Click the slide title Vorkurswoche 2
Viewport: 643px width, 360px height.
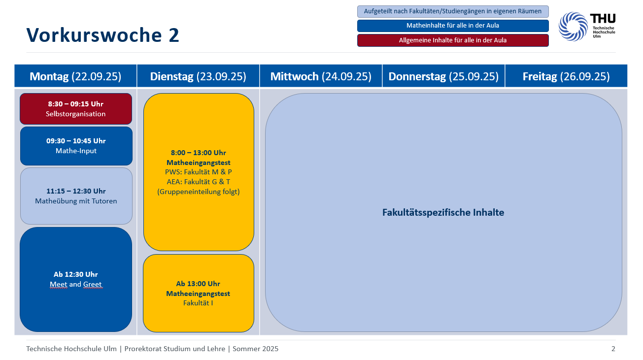pyautogui.click(x=102, y=35)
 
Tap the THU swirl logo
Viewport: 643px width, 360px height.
pyautogui.click(x=573, y=26)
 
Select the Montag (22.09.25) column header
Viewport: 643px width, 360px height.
pyautogui.click(x=75, y=76)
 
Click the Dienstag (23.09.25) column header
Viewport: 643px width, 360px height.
pyautogui.click(x=198, y=76)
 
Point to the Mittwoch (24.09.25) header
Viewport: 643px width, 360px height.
pyautogui.click(x=321, y=76)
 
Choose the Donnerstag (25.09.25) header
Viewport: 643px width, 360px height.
pyautogui.click(x=443, y=76)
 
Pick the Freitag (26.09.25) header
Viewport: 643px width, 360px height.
pyautogui.click(x=566, y=76)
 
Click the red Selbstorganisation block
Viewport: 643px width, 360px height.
pyautogui.click(x=76, y=109)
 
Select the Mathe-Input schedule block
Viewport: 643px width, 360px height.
pyautogui.click(x=76, y=146)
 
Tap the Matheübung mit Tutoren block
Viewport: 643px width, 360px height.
pyautogui.click(x=76, y=196)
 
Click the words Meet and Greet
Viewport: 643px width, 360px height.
pyautogui.click(x=76, y=284)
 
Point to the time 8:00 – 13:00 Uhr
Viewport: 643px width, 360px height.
pyautogui.click(x=199, y=153)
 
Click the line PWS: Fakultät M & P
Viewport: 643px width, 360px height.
pyautogui.click(x=199, y=172)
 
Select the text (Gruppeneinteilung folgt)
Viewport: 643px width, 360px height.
pyautogui.click(x=199, y=192)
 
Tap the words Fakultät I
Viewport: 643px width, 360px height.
pyautogui.click(x=199, y=303)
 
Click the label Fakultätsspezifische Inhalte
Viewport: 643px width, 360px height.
pyautogui.click(x=443, y=212)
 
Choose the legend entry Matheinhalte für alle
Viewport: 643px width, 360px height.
pyautogui.click(x=453, y=26)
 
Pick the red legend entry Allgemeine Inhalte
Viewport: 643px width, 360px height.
pyautogui.click(x=453, y=40)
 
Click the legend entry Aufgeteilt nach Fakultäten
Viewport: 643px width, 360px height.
pyautogui.click(x=453, y=11)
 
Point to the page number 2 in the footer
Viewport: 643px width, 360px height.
pyautogui.click(x=613, y=349)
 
